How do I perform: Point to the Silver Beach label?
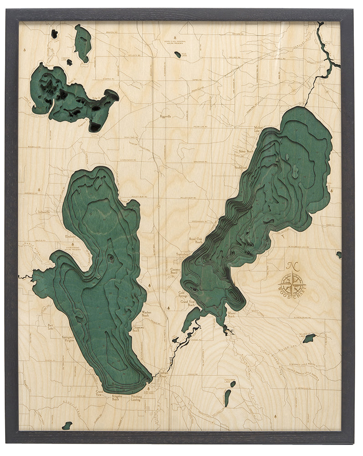point(246,151)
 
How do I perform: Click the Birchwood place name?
point(240,167)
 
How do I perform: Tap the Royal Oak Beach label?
point(196,240)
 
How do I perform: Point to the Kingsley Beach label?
point(119,398)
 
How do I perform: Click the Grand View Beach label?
point(188,303)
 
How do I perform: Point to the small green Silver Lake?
point(309,338)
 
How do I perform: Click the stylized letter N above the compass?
point(290,267)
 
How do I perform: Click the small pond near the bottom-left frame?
point(67,425)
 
